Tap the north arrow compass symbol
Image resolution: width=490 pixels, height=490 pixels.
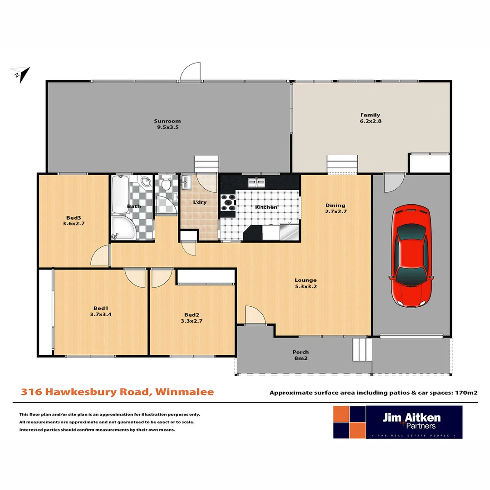click(x=21, y=73)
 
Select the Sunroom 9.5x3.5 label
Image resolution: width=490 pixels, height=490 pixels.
click(x=167, y=124)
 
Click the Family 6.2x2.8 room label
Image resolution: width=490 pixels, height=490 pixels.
click(x=370, y=118)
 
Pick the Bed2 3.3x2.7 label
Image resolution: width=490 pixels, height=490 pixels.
click(x=191, y=318)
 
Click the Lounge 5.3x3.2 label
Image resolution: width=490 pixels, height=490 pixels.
click(x=305, y=283)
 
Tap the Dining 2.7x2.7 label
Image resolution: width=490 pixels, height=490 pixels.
click(x=335, y=208)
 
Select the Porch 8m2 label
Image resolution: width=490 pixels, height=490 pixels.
click(x=300, y=355)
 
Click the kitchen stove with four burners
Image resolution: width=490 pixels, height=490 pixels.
click(x=228, y=202)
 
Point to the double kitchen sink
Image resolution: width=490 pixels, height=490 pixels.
click(x=256, y=182)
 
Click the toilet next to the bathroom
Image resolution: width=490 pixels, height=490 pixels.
click(x=166, y=184)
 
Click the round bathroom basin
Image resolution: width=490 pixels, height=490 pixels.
click(x=146, y=182)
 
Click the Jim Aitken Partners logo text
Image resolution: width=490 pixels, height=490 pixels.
click(x=411, y=421)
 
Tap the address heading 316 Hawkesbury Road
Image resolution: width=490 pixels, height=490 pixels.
click(x=117, y=392)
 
